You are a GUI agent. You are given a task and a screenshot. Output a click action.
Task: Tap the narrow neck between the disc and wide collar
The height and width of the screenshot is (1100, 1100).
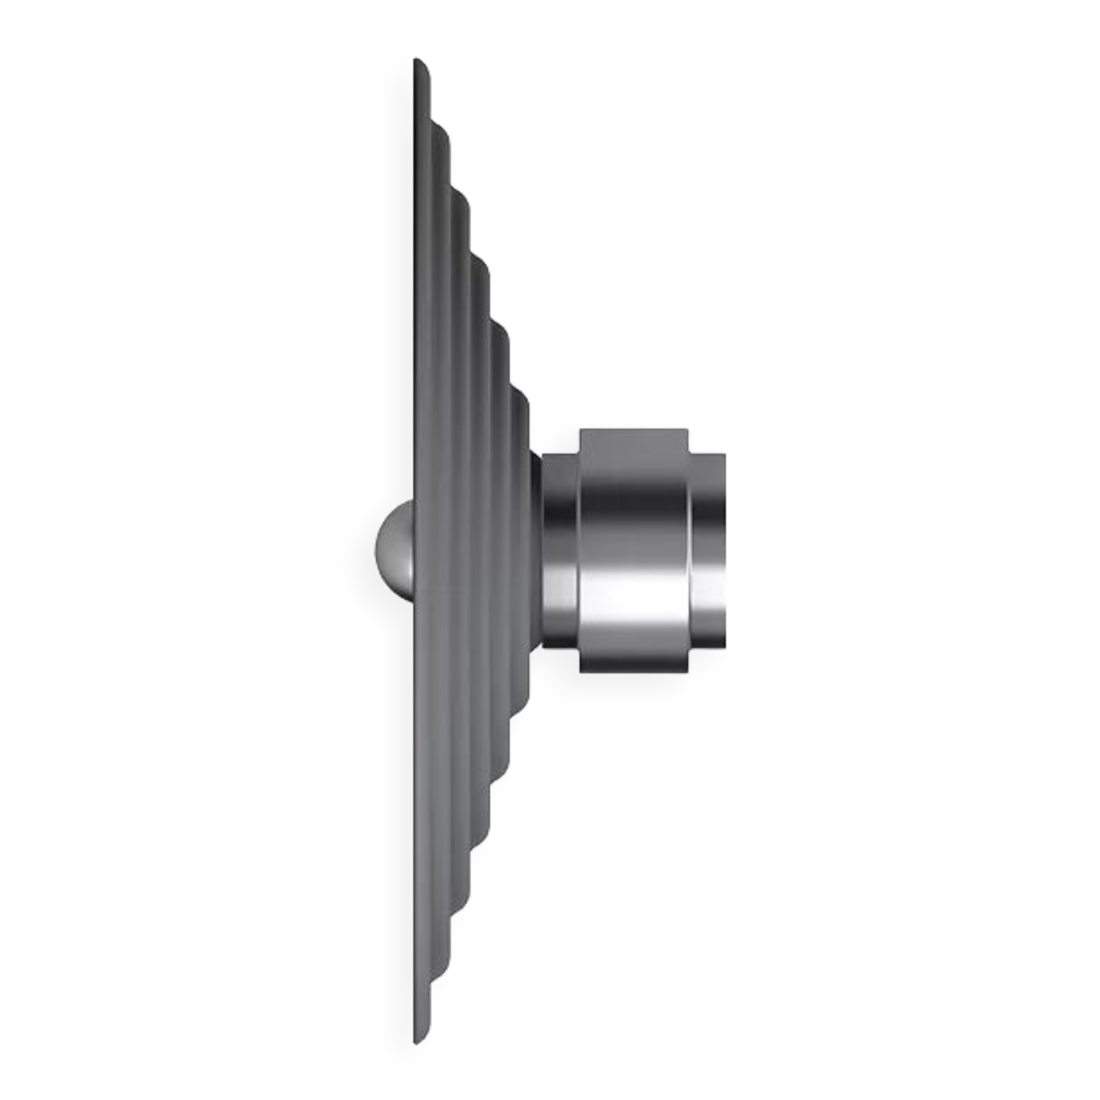click(559, 549)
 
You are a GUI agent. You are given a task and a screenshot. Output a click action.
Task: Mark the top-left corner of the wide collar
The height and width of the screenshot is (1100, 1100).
click(579, 426)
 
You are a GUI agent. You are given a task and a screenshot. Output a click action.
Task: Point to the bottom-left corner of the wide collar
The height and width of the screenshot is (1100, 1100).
click(579, 674)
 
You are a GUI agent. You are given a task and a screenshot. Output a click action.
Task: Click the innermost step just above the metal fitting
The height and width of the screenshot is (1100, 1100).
click(522, 402)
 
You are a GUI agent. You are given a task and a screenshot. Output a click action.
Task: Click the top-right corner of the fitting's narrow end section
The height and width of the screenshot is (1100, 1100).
click(727, 453)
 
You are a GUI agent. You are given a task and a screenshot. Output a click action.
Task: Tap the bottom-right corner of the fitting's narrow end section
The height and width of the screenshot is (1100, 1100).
click(727, 648)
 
